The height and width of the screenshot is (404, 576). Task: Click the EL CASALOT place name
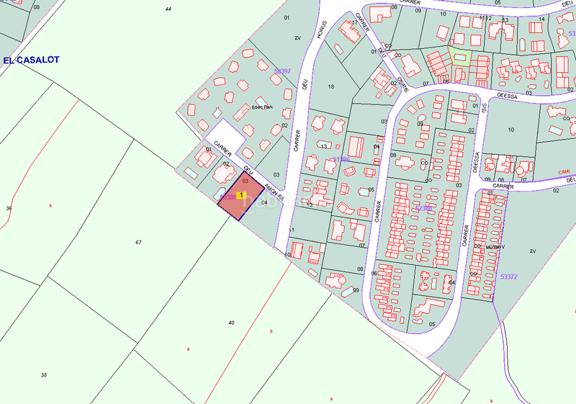[x=31, y=60]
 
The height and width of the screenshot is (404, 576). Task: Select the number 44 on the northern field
[x=168, y=9]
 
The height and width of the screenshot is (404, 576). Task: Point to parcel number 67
[x=138, y=242]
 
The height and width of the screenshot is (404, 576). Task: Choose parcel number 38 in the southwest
[x=43, y=375]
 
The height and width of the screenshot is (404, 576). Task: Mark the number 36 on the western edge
[x=9, y=208]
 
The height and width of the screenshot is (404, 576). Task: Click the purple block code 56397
[x=282, y=71]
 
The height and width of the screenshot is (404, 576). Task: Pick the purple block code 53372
[x=508, y=277]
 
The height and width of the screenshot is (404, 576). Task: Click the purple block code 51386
[x=341, y=159]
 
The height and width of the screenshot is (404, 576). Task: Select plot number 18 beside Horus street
[x=331, y=86]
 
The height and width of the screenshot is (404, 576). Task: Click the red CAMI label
[x=564, y=171]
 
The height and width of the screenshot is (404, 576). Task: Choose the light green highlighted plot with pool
[x=459, y=56]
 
